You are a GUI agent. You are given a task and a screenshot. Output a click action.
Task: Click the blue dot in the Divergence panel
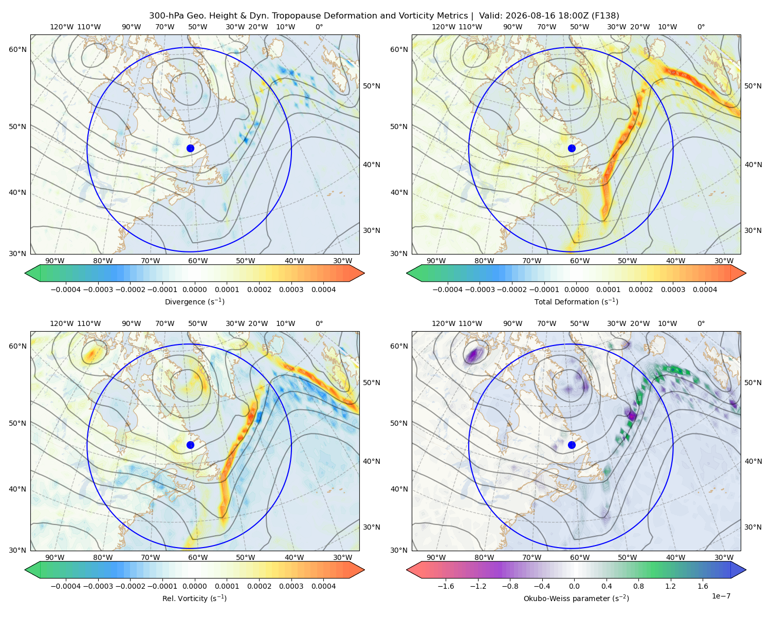click(x=190, y=148)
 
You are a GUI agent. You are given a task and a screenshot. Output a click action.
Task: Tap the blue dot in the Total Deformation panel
click(x=572, y=148)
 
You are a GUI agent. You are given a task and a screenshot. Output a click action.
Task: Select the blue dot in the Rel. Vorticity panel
click(x=190, y=445)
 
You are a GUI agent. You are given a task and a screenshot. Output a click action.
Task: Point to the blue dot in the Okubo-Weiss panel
click(x=572, y=445)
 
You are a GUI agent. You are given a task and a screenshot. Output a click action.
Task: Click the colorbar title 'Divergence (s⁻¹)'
click(x=194, y=301)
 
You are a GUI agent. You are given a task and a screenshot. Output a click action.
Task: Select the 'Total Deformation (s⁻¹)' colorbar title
click(x=576, y=301)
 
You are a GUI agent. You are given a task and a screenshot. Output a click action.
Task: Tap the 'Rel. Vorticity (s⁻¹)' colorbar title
click(x=194, y=598)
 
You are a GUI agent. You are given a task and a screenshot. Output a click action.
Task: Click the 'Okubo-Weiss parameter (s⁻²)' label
click(x=576, y=598)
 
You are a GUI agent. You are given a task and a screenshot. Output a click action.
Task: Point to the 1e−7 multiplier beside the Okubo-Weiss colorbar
click(x=721, y=596)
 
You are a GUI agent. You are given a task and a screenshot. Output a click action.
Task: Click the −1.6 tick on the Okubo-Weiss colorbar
click(x=446, y=586)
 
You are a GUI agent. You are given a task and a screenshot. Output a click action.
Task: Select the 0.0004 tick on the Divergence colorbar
click(x=323, y=289)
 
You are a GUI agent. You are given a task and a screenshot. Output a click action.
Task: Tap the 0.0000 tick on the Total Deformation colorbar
click(x=577, y=289)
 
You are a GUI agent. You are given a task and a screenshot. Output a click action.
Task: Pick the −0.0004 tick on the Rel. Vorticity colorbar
click(x=66, y=586)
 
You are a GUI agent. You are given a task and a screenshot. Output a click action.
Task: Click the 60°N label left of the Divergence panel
click(x=17, y=49)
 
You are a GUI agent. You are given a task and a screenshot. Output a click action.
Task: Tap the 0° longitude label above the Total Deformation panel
click(x=701, y=27)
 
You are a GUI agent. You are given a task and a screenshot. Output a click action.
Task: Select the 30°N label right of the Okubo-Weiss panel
click(x=753, y=527)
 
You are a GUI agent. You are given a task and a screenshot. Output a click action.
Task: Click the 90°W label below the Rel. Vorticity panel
click(x=55, y=557)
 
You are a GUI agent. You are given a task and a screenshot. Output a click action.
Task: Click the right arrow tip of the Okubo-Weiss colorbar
click(x=746, y=570)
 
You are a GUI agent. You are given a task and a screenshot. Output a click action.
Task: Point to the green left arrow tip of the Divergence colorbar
click(x=25, y=273)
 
